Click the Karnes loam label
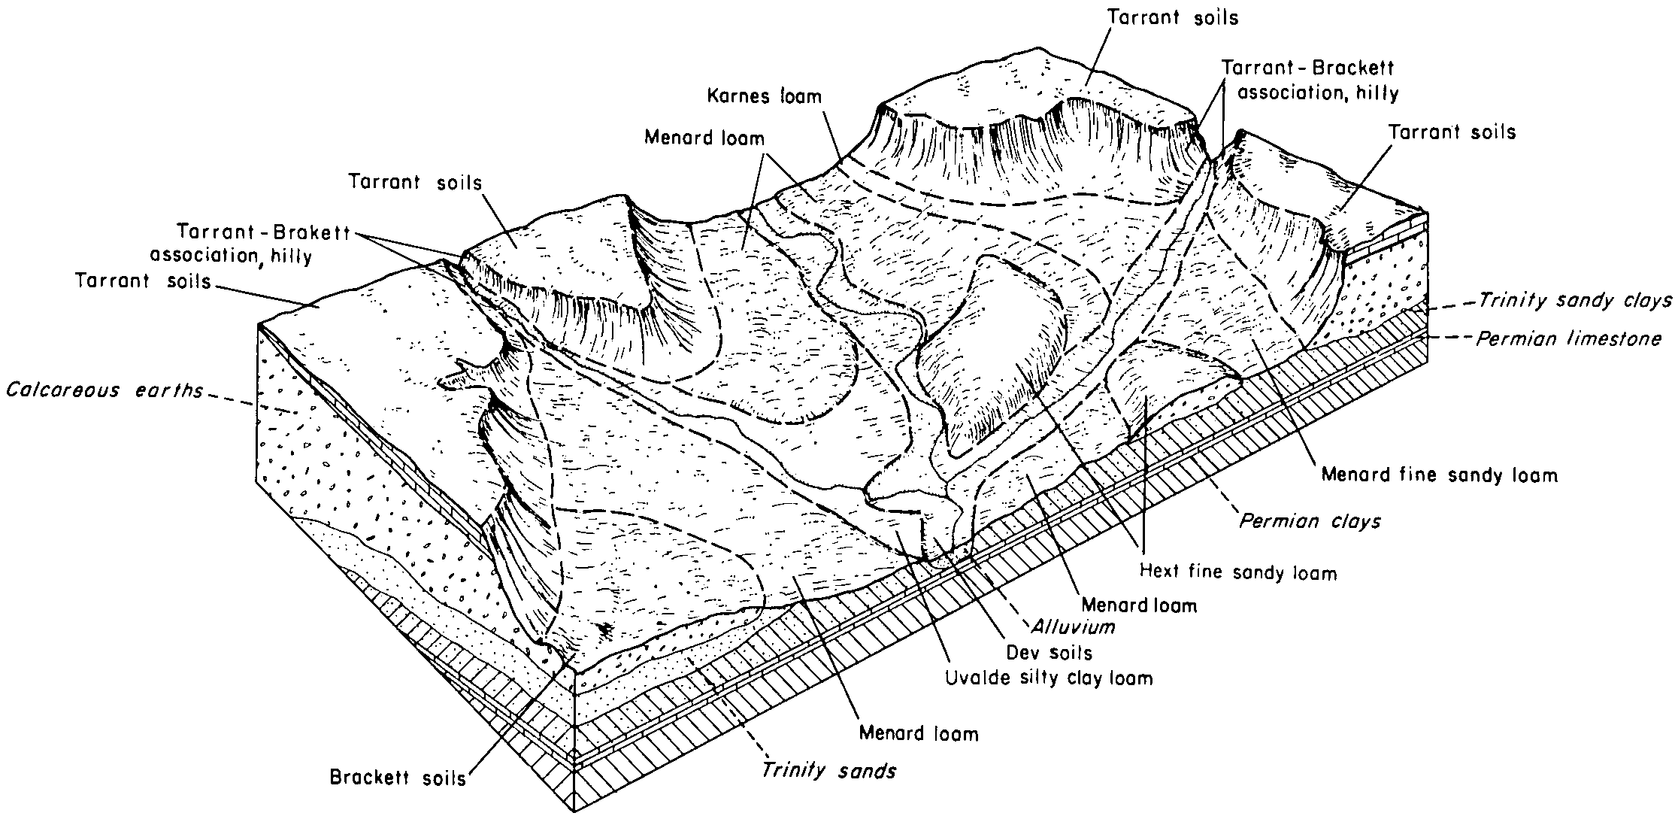click(x=765, y=97)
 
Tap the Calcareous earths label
click(x=104, y=391)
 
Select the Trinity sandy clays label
click(x=1575, y=301)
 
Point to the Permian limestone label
click(x=1568, y=339)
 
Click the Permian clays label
click(x=1310, y=520)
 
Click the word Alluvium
click(x=1072, y=626)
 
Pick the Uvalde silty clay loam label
click(x=1049, y=678)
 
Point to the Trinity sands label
click(x=828, y=771)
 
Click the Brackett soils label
click(x=398, y=778)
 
